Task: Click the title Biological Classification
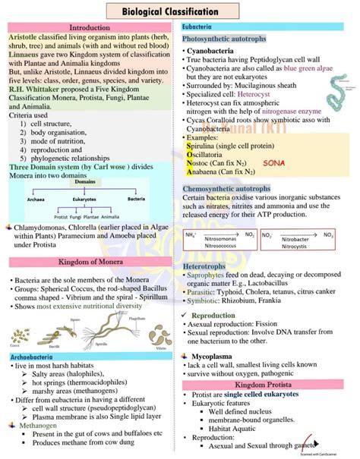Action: (180, 11)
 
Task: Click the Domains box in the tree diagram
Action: (86, 182)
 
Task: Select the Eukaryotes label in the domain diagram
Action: (85, 200)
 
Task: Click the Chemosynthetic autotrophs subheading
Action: (226, 187)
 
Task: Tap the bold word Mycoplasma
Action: (218, 355)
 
